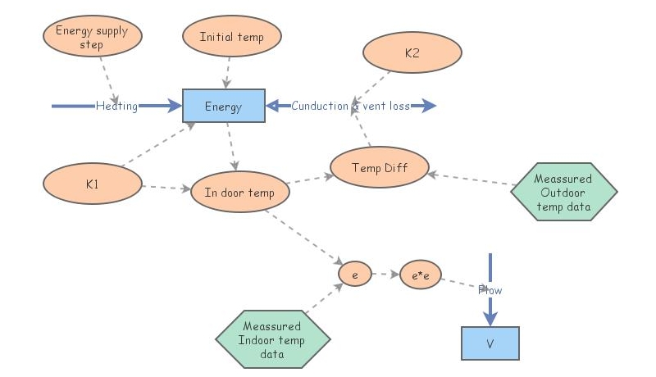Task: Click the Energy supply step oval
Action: click(x=91, y=38)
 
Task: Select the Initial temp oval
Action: click(x=230, y=37)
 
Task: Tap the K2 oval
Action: click(x=412, y=53)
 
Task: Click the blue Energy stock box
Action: click(x=223, y=107)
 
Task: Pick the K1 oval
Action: click(x=92, y=184)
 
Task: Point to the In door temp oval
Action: click(x=240, y=193)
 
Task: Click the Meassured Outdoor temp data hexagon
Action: click(x=563, y=193)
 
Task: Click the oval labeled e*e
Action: click(x=421, y=277)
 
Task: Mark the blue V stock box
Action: click(x=490, y=343)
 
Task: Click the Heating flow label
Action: click(x=116, y=106)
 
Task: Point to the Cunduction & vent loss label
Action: click(x=350, y=106)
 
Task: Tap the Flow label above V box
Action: click(x=490, y=290)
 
